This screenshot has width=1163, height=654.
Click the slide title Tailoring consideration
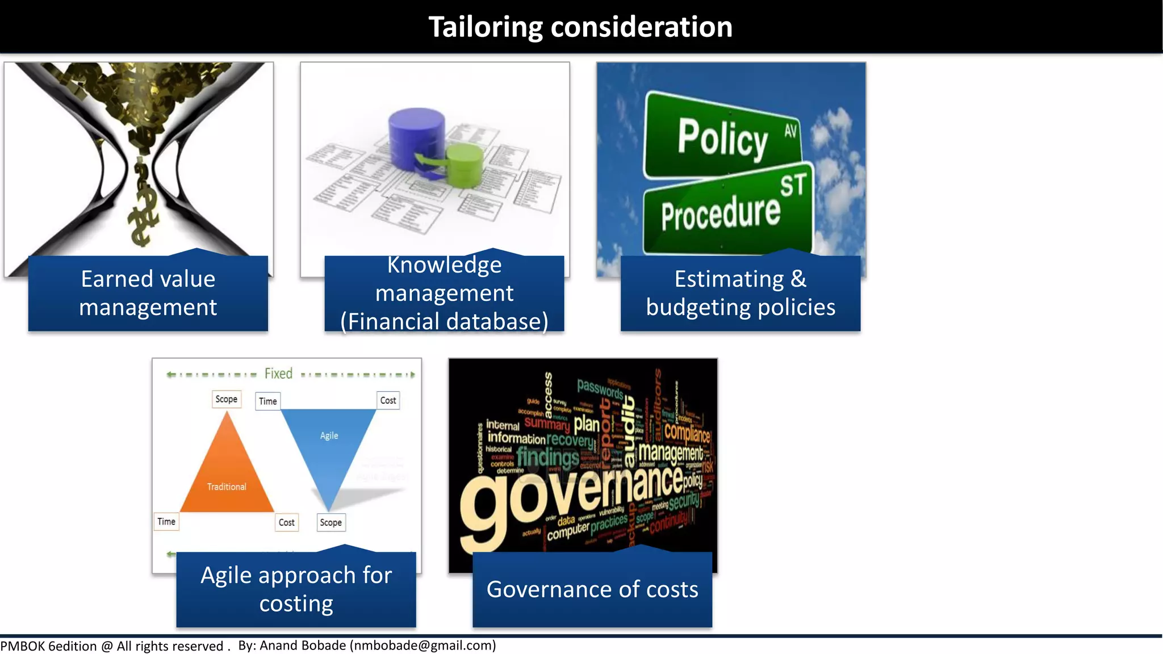pos(580,27)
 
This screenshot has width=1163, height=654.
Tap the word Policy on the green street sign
pos(722,138)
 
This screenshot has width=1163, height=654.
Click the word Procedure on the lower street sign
pos(721,213)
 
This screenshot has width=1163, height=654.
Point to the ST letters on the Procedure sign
pos(793,185)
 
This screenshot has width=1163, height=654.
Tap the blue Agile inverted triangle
pos(329,443)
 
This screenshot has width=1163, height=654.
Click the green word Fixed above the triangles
pos(278,374)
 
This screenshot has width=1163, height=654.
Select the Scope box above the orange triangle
pos(226,399)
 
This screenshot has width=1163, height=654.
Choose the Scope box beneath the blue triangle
pos(331,522)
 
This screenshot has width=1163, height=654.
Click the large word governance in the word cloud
pos(574,494)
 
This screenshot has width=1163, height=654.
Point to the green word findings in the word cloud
pos(547,456)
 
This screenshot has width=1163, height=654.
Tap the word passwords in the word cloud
pos(600,389)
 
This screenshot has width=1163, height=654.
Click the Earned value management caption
pos(148,293)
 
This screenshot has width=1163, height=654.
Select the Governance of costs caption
pos(592,589)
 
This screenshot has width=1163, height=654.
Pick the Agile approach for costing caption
pos(296,589)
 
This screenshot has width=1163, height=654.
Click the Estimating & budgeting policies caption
pos(741,293)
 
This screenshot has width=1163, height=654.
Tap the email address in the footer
pos(423,645)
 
